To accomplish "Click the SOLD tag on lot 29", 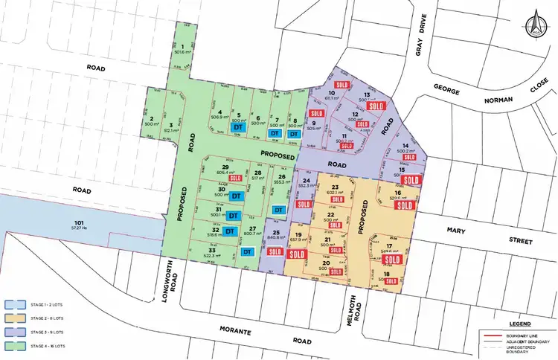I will coord(237,179).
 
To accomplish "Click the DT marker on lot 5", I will coord(238,127).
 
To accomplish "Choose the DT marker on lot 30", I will coord(235,196).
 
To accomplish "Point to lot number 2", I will coord(152,119).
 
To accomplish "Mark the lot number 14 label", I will coord(405,146).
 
